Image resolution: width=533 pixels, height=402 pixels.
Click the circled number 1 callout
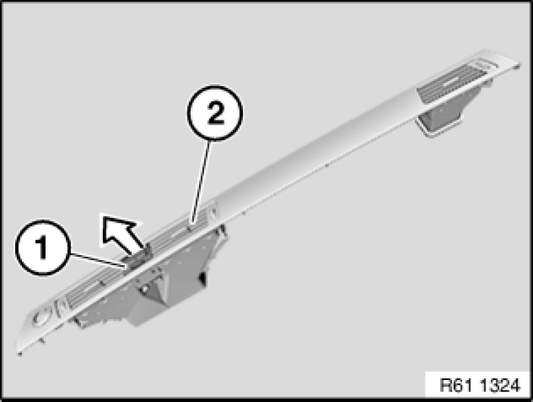tap(43, 248)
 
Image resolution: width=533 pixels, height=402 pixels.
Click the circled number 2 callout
tap(215, 113)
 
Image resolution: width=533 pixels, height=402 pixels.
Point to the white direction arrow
tap(122, 232)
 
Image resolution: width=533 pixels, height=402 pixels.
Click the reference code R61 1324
tap(480, 386)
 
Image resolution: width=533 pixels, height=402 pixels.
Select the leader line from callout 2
tap(201, 183)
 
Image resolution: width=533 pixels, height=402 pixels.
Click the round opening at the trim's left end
tap(41, 315)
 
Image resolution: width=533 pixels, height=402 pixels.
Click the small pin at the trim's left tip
tap(19, 354)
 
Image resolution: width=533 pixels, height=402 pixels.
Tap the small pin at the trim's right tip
tap(518, 68)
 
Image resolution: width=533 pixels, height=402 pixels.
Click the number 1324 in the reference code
tap(501, 386)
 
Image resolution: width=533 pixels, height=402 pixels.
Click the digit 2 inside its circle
tap(216, 113)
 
